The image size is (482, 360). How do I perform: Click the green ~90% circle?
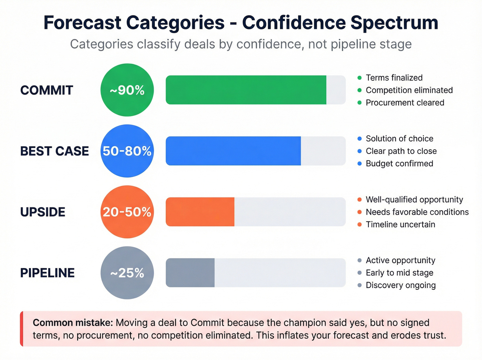(127, 90)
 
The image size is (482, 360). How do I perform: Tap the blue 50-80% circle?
(127, 151)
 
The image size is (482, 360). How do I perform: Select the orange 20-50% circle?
(127, 212)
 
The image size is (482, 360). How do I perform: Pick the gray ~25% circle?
(127, 273)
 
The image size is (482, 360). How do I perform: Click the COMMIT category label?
(46, 90)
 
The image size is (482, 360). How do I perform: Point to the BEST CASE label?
(54, 151)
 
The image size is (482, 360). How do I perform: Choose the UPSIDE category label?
(43, 212)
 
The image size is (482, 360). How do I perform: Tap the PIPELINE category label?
(47, 273)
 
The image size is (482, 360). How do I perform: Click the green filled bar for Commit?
(246, 90)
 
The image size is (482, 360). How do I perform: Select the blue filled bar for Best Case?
(233, 151)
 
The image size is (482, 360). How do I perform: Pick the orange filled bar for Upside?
(200, 212)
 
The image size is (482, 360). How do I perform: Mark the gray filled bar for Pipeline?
(190, 273)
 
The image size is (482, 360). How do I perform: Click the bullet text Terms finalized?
(394, 78)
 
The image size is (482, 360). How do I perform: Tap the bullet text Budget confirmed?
(399, 164)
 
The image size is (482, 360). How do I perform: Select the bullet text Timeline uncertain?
(400, 225)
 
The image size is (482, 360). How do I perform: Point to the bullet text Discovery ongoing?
(401, 285)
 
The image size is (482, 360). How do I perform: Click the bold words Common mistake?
(73, 323)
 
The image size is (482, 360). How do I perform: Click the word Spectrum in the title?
(394, 23)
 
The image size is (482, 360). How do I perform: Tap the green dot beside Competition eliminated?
(359, 90)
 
